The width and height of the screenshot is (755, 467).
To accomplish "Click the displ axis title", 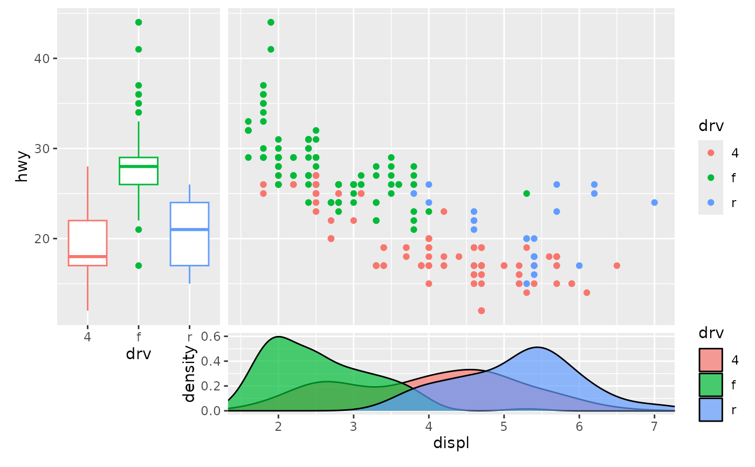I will coord(451,443).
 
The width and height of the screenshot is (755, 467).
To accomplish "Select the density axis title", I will coord(189,374).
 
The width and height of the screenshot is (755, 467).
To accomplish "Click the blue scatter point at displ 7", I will coord(655,203).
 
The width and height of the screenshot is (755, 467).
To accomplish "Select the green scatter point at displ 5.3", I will coord(527,194).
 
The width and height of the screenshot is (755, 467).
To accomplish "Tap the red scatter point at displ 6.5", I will coord(617,265).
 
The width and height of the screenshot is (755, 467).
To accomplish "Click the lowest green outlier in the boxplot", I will coord(139,265).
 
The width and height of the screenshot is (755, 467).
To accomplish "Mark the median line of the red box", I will coord(87,256).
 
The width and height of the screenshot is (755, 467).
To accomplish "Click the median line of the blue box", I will coord(189,230).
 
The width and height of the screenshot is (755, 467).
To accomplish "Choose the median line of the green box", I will coord(139,167).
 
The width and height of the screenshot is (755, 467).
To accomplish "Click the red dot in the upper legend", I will coord(710,153).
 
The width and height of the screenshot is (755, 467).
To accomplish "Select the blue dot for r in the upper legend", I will coord(710,202).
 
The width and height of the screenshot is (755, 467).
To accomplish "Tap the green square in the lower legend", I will coord(710,385).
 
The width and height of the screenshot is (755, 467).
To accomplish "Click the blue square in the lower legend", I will coord(710,410).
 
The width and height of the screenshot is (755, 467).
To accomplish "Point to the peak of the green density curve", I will coord(278,337).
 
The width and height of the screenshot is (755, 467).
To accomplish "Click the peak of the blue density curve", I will coord(538,347).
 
